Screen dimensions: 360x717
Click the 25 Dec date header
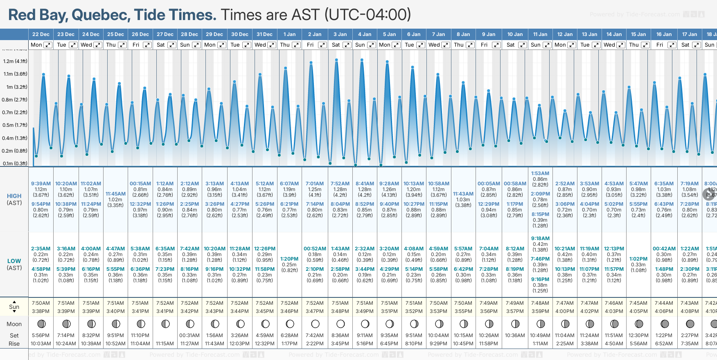[115, 34]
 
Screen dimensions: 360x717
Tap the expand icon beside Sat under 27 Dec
[172, 45]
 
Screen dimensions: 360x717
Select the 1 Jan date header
[289, 34]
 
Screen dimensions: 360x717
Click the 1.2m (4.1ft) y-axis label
[15, 61]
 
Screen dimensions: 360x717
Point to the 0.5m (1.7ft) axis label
[15, 125]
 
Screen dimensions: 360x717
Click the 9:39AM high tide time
[41, 184]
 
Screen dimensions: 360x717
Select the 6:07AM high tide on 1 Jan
[289, 184]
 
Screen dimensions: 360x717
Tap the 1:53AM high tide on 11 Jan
[540, 173]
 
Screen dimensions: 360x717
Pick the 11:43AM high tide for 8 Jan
[463, 194]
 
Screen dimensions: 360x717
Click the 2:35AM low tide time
[41, 249]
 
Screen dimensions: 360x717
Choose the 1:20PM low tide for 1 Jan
[289, 259]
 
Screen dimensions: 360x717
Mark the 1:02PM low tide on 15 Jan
[638, 259]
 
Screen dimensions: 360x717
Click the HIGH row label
[14, 196]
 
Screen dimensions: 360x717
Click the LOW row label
[14, 261]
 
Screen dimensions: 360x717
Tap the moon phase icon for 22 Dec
[41, 324]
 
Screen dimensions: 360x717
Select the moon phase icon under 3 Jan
[340, 324]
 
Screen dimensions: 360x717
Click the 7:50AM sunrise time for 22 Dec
[41, 303]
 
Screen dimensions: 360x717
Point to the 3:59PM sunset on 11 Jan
[540, 311]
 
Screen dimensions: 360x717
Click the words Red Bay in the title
[38, 15]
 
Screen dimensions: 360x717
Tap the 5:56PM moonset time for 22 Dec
[41, 335]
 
